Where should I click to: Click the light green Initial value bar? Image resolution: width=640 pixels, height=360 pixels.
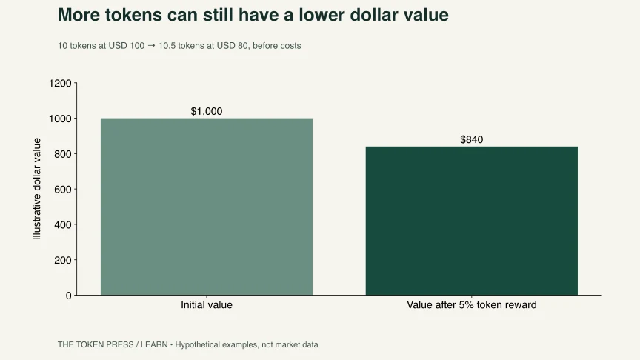tap(207, 207)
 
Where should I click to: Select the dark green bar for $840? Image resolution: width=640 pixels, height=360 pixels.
tap(471, 221)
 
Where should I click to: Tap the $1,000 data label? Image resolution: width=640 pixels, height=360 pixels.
tap(207, 111)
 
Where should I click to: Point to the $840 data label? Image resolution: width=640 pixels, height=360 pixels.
tap(471, 139)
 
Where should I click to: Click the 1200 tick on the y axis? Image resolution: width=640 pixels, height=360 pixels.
tap(60, 83)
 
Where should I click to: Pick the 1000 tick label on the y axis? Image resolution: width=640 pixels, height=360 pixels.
tap(60, 119)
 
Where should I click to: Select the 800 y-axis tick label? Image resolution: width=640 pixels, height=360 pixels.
tap(63, 154)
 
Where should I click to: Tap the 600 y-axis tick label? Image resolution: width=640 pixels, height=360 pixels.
tap(63, 190)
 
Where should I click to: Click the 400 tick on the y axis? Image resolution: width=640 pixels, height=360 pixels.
tap(63, 225)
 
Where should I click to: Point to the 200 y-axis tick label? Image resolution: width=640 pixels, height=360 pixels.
tap(63, 260)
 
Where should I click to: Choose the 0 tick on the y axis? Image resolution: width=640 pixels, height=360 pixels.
tap(69, 296)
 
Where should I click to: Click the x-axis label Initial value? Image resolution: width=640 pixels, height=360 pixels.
tap(207, 305)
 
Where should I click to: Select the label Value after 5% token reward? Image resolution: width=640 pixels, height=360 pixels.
tap(471, 305)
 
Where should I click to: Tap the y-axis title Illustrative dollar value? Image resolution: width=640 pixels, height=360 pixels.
tap(37, 189)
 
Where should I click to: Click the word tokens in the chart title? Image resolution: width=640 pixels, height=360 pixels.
tap(133, 15)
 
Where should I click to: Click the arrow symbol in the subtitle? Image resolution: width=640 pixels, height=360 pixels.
tap(151, 46)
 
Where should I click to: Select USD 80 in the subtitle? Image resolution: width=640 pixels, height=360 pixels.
tap(233, 46)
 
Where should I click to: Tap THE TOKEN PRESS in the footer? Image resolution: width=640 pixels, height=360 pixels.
tap(96, 344)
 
